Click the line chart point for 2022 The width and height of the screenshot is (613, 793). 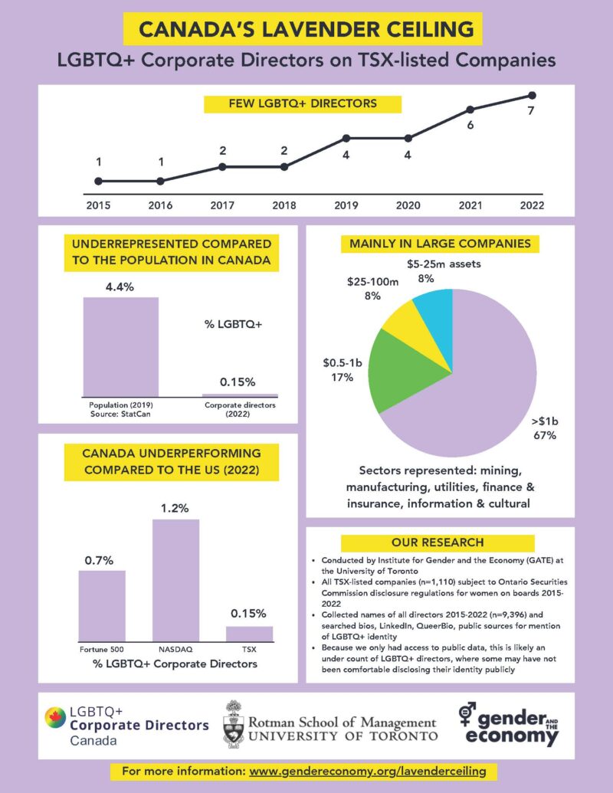pyautogui.click(x=532, y=95)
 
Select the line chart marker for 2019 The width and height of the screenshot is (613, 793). pyautogui.click(x=346, y=138)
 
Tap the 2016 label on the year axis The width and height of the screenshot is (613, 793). pyautogui.click(x=160, y=205)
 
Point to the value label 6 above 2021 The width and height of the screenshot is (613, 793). pyautogui.click(x=470, y=123)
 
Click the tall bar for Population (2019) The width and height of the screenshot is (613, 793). pyautogui.click(x=120, y=346)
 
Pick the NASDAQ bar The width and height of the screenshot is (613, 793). pyautogui.click(x=175, y=579)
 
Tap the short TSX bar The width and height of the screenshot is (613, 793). pyautogui.click(x=249, y=633)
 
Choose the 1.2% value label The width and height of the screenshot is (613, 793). pyautogui.click(x=175, y=507)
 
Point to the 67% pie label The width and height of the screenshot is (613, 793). pyautogui.click(x=545, y=435)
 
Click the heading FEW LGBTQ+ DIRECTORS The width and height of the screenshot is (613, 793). pyautogui.click(x=290, y=103)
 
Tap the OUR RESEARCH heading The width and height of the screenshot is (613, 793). pyautogui.click(x=438, y=542)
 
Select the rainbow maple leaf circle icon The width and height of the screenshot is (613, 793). pyautogui.click(x=55, y=718)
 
